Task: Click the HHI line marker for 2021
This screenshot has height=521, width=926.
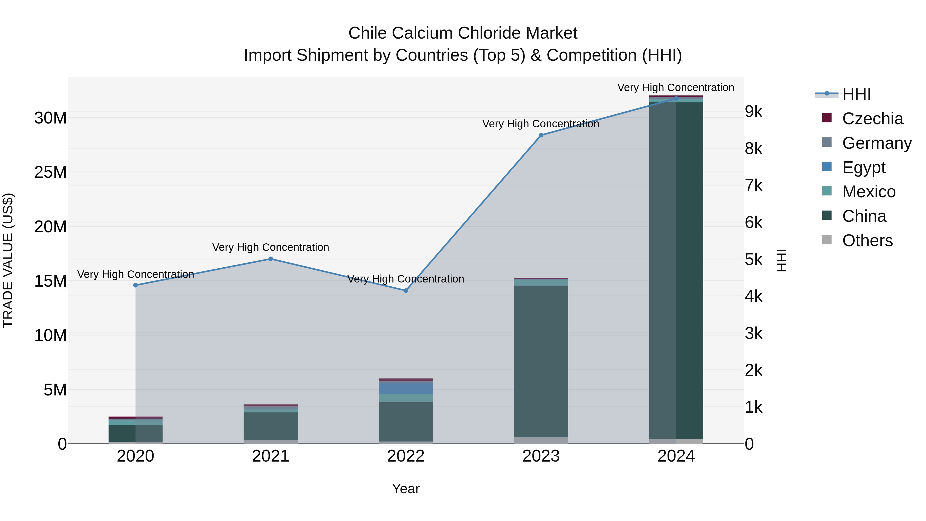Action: pos(271,259)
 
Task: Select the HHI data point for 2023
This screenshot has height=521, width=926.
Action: pos(541,135)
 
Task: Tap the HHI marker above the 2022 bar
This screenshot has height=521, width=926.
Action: pos(406,290)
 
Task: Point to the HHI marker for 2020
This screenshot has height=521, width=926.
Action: pos(136,285)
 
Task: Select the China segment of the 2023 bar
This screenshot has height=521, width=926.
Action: pos(541,361)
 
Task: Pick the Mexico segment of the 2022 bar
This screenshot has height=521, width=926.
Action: pos(406,398)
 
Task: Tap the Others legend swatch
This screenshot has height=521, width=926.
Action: pos(827,240)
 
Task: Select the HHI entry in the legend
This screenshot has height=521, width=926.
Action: pos(856,94)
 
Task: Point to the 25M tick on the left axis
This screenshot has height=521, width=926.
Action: pos(50,172)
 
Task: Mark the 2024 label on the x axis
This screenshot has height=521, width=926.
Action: pos(676,456)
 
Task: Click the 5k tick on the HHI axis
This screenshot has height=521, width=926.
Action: pos(753,260)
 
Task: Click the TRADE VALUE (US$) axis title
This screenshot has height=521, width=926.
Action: pos(8,260)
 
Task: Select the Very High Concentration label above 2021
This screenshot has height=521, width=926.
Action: pos(271,247)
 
